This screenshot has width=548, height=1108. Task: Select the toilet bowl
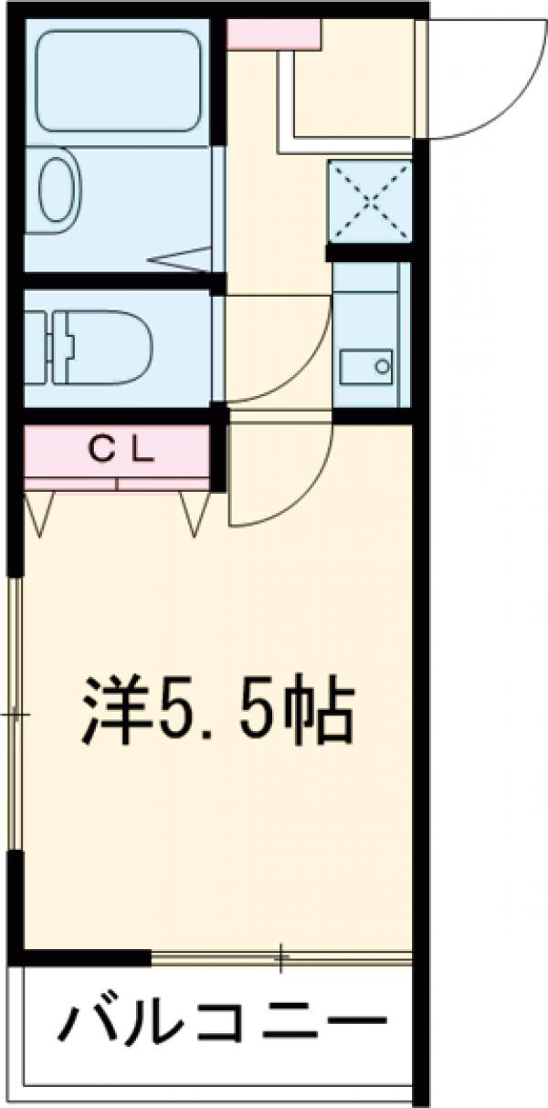pos(100,348)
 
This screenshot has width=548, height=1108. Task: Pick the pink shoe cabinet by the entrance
pos(273,34)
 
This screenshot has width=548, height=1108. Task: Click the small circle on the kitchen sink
pos(382,368)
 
